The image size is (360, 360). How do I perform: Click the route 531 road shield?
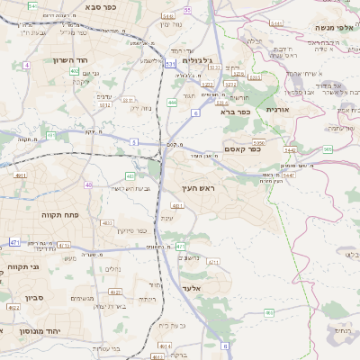tap(169, 64)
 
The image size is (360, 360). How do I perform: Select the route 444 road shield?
tap(171, 103)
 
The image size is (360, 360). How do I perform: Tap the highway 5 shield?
tap(134, 142)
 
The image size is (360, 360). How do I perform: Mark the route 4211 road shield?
tap(213, 262)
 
